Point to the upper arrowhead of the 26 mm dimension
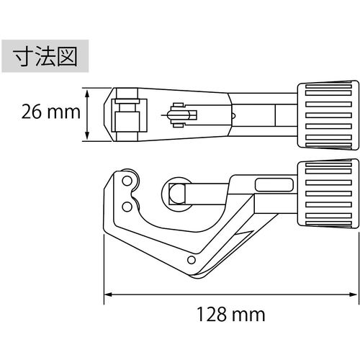pos(87,91)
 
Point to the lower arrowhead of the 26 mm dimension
pos(87,139)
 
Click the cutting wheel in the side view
pos(176,192)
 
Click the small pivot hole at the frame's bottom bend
pos(192,261)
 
